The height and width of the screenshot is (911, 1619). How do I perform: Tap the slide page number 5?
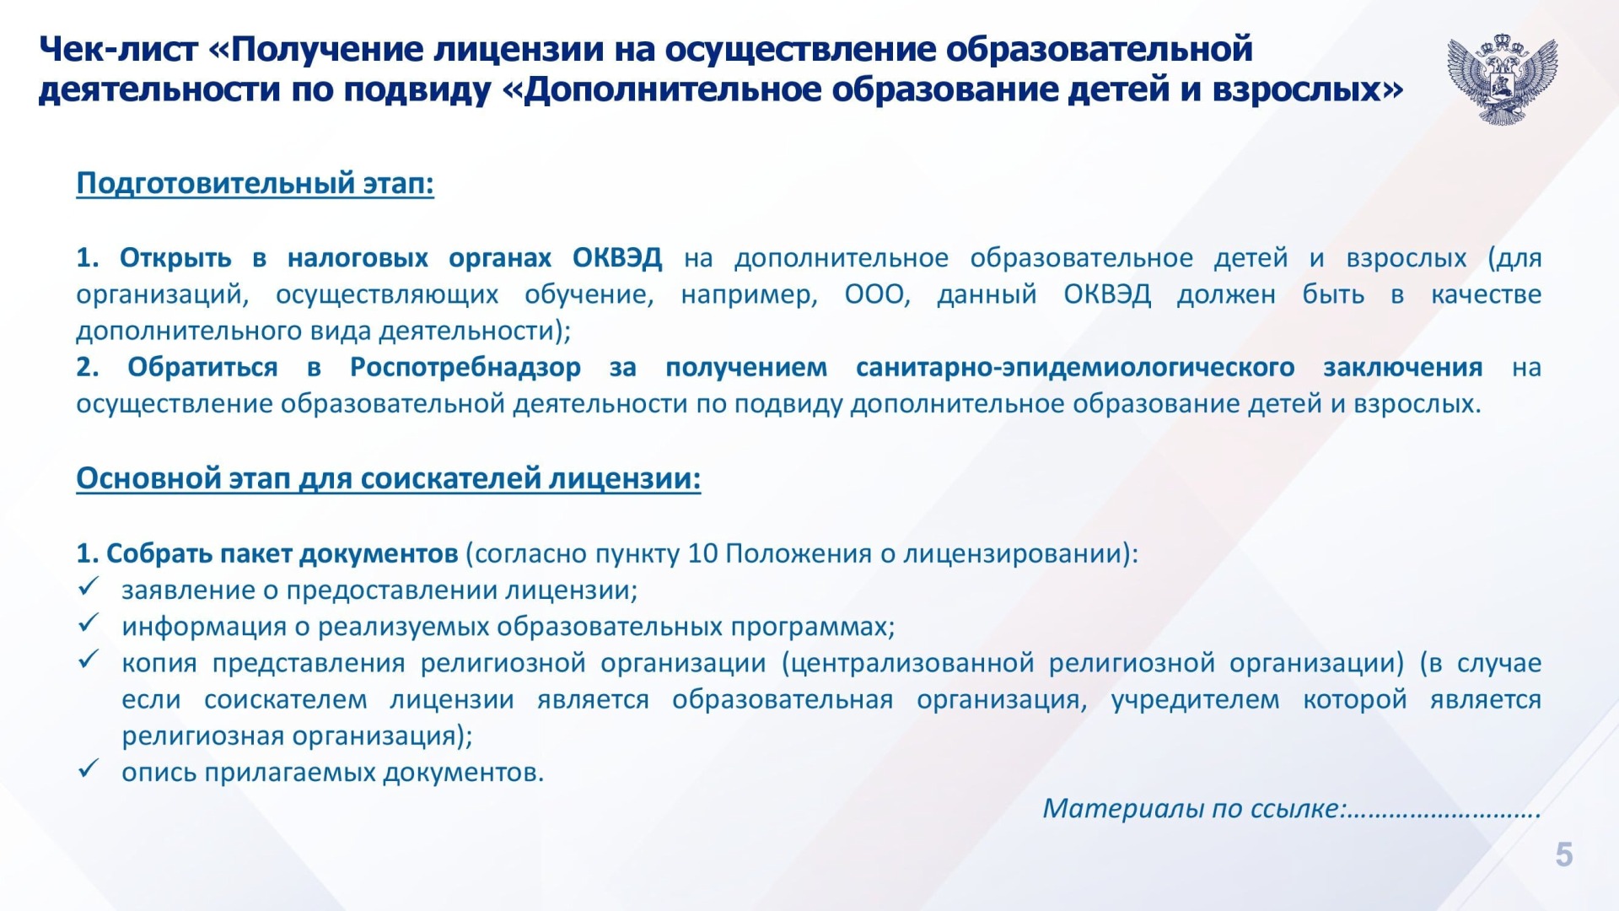coord(1564,854)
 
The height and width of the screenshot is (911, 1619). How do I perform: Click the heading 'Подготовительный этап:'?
coord(255,183)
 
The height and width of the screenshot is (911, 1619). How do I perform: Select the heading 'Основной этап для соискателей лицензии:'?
coord(389,478)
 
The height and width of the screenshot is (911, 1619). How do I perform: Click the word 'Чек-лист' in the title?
coord(117,50)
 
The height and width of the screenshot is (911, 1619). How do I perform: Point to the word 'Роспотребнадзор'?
coord(465,368)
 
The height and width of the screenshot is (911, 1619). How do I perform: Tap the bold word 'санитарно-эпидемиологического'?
coord(1075,368)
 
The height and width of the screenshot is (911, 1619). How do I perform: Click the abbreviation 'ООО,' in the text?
coord(878,294)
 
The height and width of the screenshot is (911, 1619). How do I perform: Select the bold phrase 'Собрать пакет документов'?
coord(282,554)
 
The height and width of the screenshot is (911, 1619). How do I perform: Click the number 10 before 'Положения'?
coord(702,554)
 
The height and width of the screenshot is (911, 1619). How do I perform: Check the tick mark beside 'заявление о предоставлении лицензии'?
coord(89,586)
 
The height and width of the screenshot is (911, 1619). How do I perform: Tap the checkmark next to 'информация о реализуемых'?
coord(89,623)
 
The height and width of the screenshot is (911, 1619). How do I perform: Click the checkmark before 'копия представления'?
coord(89,659)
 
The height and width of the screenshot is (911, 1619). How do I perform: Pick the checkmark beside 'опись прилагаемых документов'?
coord(89,768)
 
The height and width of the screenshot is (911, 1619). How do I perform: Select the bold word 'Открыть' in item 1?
coord(175,258)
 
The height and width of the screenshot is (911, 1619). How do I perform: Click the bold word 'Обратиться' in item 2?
coord(202,368)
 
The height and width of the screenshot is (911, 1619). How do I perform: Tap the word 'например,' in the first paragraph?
coord(750,295)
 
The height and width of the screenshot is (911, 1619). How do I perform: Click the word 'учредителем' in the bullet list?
coord(1195,700)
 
